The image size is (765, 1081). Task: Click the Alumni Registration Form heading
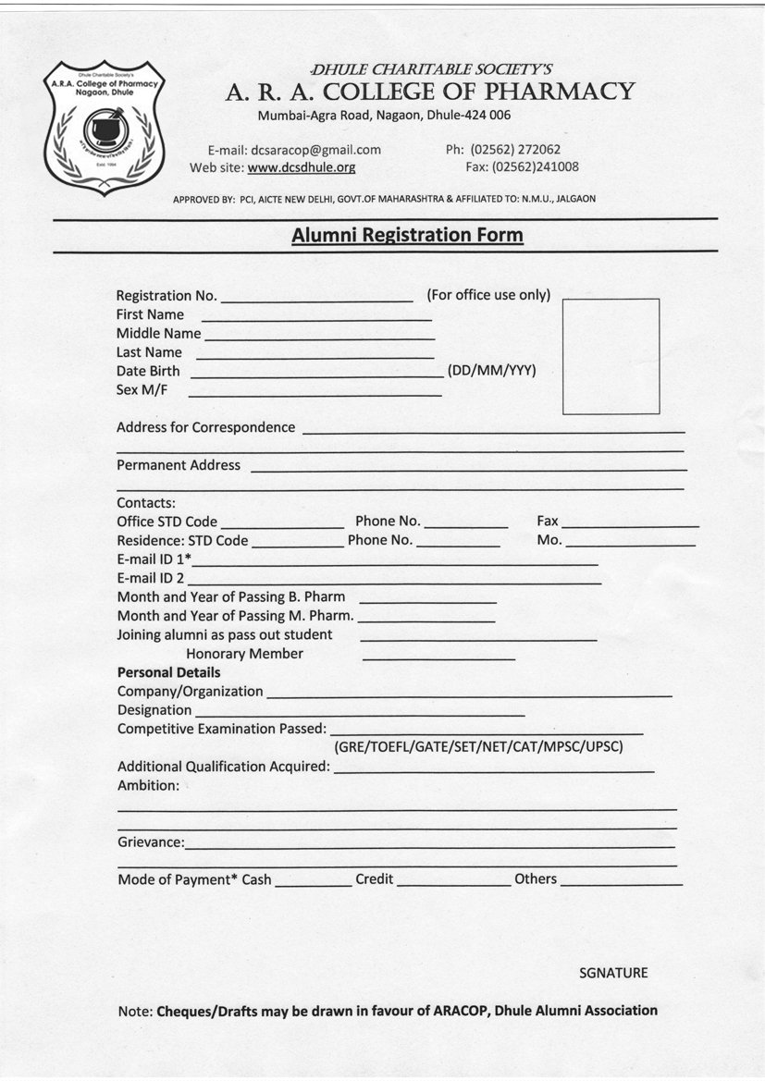(407, 235)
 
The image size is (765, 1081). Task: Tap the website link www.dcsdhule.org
(302, 167)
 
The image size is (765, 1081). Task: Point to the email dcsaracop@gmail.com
(315, 149)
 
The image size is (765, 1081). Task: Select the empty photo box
(611, 356)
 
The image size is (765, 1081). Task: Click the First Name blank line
(315, 319)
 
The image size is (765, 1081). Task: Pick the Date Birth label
(148, 371)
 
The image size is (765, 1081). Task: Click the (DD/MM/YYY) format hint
(491, 370)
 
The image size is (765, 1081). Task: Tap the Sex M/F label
(142, 389)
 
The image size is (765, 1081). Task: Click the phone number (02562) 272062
(515, 149)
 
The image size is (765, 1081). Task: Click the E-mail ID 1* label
(154, 559)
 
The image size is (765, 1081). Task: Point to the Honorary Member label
(244, 654)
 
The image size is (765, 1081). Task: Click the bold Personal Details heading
(168, 672)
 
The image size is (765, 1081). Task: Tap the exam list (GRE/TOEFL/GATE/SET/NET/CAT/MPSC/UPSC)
(478, 746)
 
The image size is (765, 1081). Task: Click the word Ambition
(148, 785)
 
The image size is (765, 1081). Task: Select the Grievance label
(150, 842)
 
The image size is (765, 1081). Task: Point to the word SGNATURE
(613, 973)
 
